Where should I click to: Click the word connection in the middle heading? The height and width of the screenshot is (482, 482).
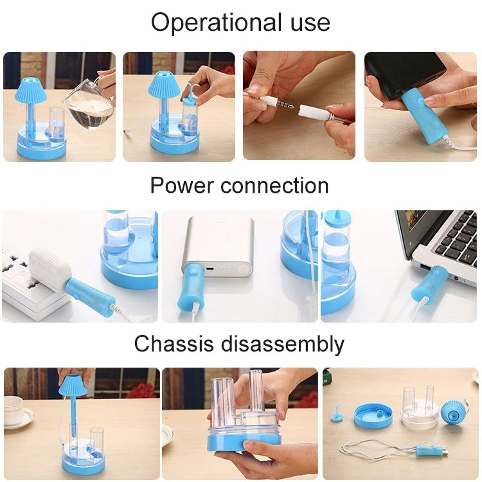(x=274, y=186)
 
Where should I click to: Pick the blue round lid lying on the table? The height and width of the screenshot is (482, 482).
(x=373, y=415)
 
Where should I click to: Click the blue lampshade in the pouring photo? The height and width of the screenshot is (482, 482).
(x=31, y=89)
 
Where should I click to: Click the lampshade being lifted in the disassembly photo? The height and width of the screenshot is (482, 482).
(x=73, y=385)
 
